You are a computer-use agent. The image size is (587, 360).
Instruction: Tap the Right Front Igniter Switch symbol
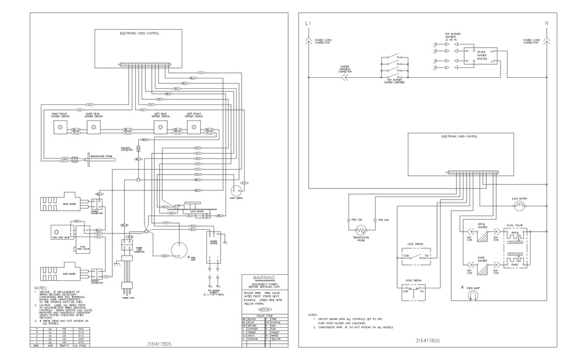tap(61, 127)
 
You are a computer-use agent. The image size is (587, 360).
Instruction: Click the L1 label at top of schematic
tap(308, 23)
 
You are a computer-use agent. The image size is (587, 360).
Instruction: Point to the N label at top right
tap(546, 23)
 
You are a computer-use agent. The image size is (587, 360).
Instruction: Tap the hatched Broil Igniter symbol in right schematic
tap(480, 234)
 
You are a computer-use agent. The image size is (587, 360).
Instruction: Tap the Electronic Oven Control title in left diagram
tap(139, 33)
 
